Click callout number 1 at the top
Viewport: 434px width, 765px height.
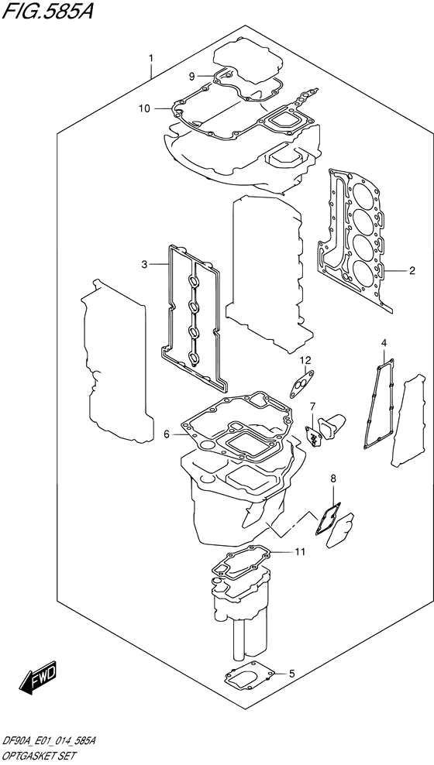(151, 57)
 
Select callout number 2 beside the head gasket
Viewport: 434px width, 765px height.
(412, 270)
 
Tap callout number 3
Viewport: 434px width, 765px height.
(143, 265)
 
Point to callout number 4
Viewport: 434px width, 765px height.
(383, 342)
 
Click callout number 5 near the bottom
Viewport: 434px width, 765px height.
(291, 673)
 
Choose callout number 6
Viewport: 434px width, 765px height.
(166, 434)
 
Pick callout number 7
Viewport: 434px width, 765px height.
(312, 406)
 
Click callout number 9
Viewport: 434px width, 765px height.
(191, 75)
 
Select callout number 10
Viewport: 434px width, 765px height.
(143, 108)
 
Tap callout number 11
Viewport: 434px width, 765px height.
(300, 551)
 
